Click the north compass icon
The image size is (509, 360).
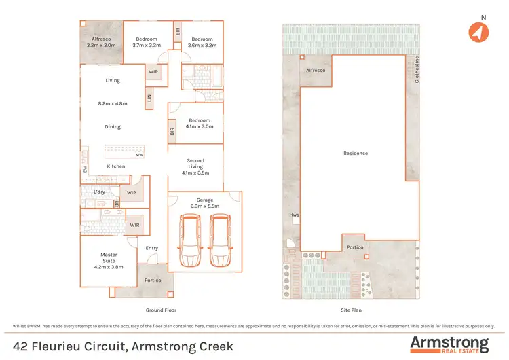point(479,32)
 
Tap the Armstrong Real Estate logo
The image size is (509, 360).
point(449,344)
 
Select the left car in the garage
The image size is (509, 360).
point(189,242)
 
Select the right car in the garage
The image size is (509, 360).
point(219,242)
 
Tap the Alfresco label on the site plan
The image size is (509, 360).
point(316,70)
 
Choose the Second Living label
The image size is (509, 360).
point(195,165)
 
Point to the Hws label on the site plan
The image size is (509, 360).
point(294,215)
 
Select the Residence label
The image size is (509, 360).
point(356,154)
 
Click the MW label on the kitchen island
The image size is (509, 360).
point(138,155)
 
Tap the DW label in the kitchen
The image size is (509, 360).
point(86,170)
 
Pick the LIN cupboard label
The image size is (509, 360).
point(149,99)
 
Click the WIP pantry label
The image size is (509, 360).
point(132,193)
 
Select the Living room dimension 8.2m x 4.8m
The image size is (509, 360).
point(113,104)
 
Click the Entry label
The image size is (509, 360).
point(152,248)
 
